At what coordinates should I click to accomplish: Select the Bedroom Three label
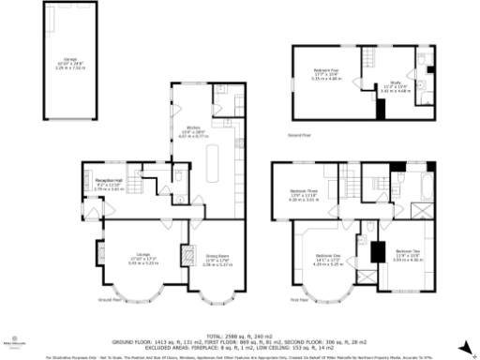(x=305, y=196)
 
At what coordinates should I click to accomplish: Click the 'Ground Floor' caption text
(x=110, y=301)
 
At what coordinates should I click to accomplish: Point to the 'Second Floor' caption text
(x=301, y=137)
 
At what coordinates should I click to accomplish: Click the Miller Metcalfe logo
(x=13, y=344)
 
